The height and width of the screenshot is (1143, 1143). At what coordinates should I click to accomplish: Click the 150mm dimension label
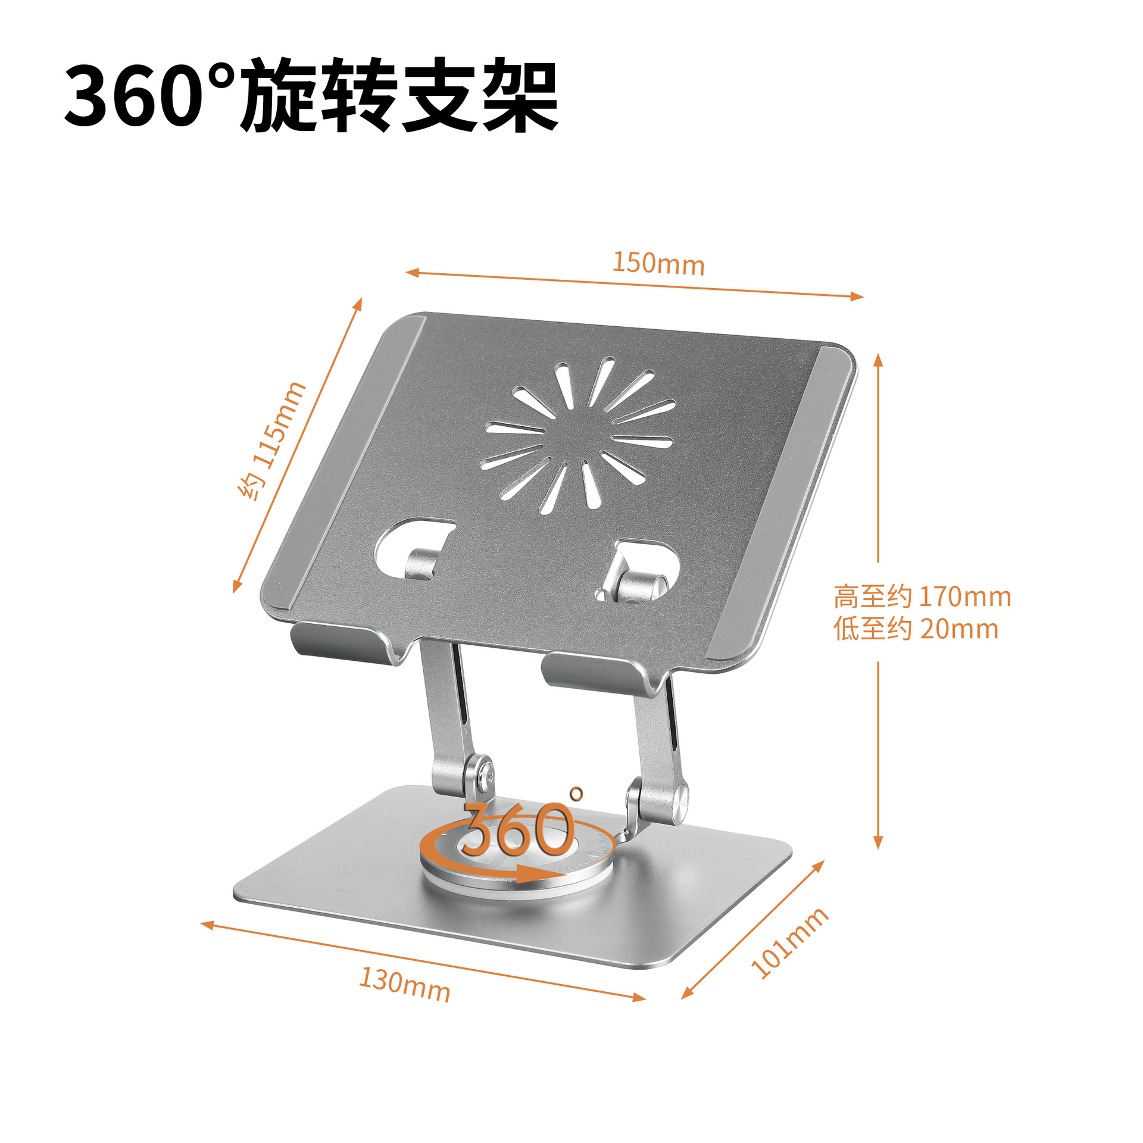658,263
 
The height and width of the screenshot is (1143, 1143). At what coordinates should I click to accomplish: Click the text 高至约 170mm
922,597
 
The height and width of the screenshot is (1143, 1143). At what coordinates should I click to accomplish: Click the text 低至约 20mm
916,629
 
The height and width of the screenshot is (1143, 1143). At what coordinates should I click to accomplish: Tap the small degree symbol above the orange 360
576,793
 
